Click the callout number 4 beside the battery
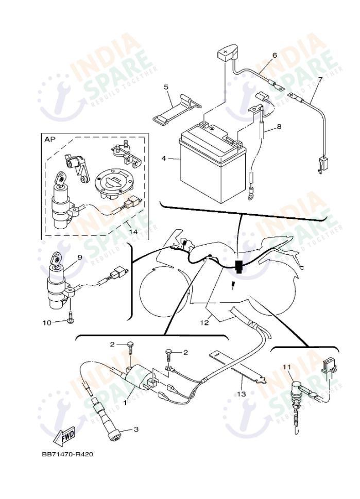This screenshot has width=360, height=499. click(164, 159)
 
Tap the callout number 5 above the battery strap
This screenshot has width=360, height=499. click(166, 87)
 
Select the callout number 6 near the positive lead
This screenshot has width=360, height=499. click(275, 55)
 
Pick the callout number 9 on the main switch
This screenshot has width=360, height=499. click(80, 257)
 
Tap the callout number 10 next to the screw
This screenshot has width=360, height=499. click(46, 322)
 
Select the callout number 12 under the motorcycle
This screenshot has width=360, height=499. click(204, 323)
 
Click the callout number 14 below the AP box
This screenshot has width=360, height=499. click(133, 232)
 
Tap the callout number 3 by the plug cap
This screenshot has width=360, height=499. click(136, 428)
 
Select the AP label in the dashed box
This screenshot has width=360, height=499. click(50, 140)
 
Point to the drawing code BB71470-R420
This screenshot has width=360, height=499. click(67, 455)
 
